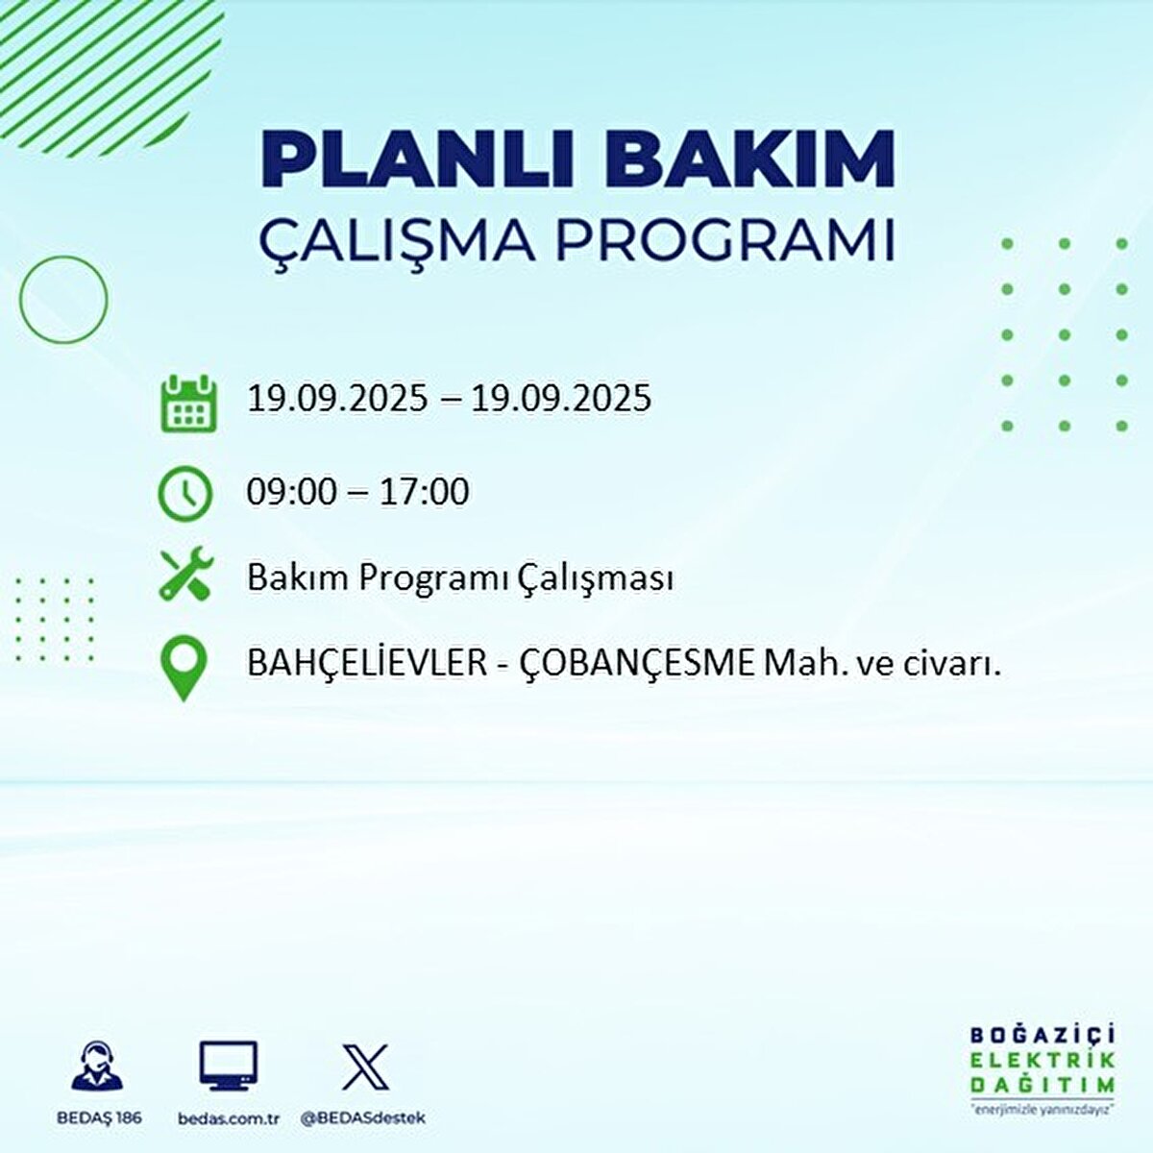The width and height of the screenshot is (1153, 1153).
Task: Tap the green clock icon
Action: (x=184, y=493)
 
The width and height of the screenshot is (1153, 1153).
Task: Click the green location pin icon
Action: (x=184, y=669)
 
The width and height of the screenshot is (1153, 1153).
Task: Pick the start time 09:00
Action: (x=291, y=493)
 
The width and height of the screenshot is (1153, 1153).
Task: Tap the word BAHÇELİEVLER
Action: (x=367, y=663)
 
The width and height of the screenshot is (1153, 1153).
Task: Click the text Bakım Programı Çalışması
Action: (x=459, y=578)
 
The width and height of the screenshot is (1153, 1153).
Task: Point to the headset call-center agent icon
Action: (x=97, y=1067)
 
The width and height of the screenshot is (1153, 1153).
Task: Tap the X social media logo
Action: (x=365, y=1067)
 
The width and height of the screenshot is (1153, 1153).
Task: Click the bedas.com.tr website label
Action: (x=229, y=1118)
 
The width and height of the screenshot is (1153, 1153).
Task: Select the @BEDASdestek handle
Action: (x=362, y=1118)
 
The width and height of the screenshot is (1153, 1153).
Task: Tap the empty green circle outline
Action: (x=63, y=300)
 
